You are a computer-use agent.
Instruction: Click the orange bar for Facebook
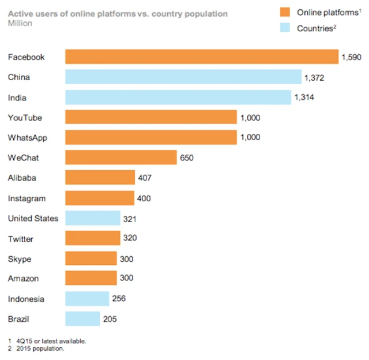(x=201, y=57)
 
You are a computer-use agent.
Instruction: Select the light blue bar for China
(x=183, y=77)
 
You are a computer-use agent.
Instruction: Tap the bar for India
(x=178, y=97)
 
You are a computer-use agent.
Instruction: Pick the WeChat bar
(x=121, y=157)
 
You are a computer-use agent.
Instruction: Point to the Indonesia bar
(x=87, y=299)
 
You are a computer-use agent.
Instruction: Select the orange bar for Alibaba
(x=100, y=178)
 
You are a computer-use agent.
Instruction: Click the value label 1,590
(x=351, y=57)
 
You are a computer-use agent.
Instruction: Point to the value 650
(x=187, y=157)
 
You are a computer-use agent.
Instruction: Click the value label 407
(x=145, y=178)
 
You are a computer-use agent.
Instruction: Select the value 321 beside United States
(x=130, y=219)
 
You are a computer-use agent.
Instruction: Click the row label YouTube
(x=25, y=118)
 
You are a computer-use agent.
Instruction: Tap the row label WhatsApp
(x=28, y=138)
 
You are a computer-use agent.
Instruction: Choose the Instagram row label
(x=27, y=198)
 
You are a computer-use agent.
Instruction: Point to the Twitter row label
(x=21, y=239)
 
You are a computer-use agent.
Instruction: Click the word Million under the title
(x=20, y=24)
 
